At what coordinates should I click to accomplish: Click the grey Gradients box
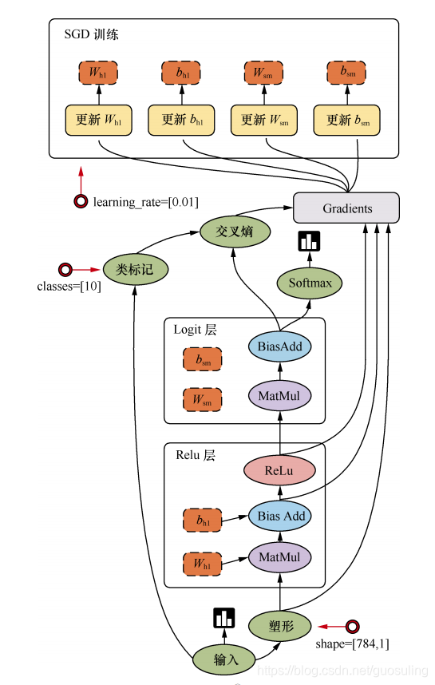coord(346,208)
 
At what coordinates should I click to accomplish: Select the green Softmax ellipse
coord(310,283)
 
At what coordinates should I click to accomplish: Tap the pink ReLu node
coord(279,470)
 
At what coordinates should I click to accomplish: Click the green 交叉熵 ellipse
coord(235,232)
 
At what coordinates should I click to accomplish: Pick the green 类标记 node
coord(136,270)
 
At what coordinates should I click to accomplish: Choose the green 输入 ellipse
coord(224,659)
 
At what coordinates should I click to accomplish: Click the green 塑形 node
coord(280,626)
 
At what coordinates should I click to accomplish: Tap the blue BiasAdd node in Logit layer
coord(280,346)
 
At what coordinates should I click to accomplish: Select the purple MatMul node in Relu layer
coord(280,557)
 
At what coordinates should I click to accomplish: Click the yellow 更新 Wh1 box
coord(99,120)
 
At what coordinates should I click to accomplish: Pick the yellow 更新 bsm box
coord(346,120)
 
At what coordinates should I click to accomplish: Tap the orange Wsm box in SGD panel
coord(263,73)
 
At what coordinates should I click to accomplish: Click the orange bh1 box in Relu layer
coord(202,520)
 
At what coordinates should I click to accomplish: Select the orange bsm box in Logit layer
coord(202,359)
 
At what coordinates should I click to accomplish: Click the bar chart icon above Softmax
coord(309,241)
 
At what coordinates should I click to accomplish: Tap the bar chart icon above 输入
coord(224,618)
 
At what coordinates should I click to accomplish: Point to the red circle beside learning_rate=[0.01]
coord(81,201)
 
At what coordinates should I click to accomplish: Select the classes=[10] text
coord(69,287)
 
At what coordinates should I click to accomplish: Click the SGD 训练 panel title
coord(91,34)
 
